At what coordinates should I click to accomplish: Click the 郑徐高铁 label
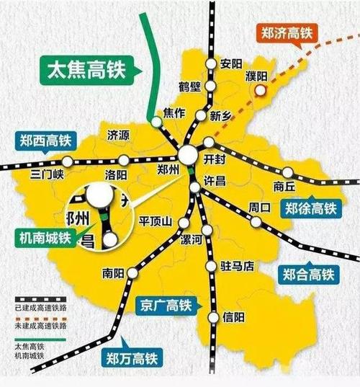point(310,209)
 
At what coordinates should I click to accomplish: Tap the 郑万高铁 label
point(130,357)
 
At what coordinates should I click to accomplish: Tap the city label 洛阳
point(116,175)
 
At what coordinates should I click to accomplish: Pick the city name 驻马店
point(238,267)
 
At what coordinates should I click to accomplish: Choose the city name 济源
point(117,135)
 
